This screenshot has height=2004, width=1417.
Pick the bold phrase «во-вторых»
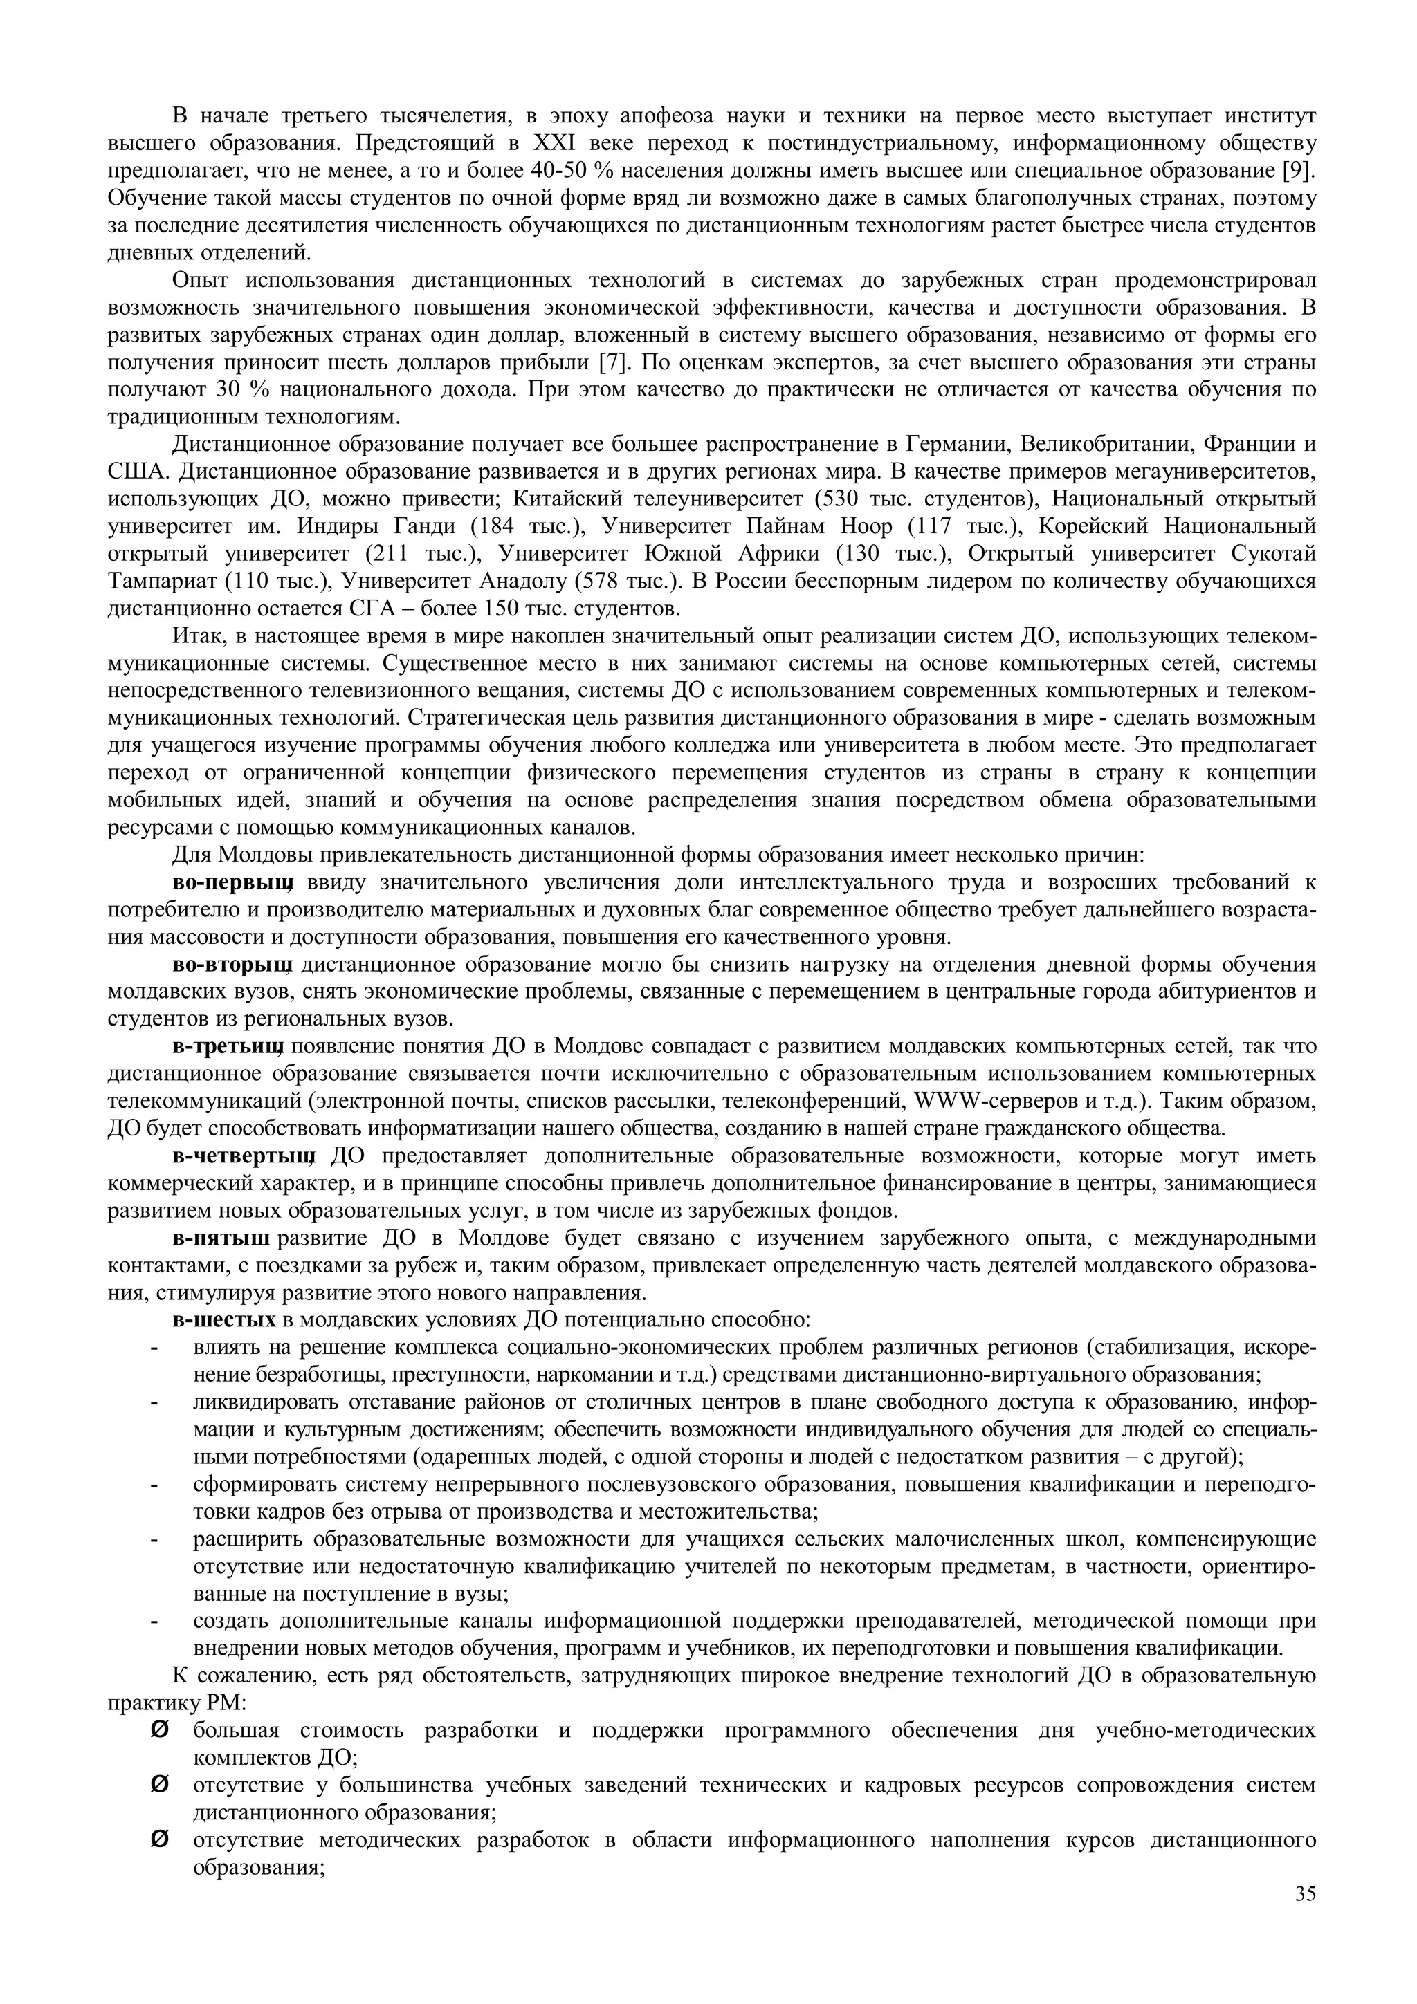231,965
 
